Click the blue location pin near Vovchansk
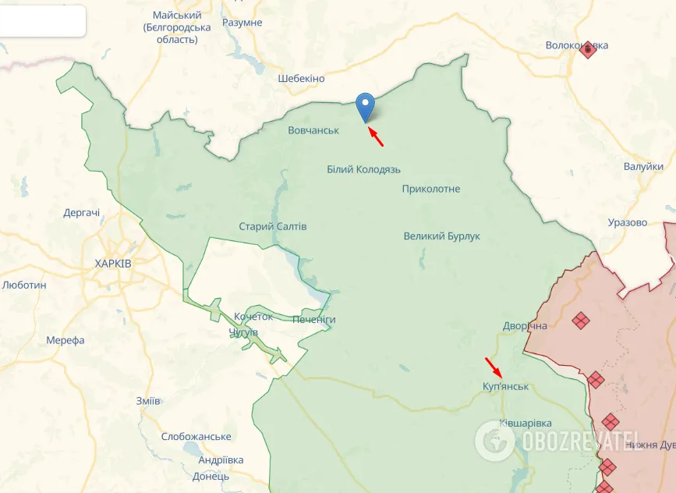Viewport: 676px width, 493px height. coord(365,106)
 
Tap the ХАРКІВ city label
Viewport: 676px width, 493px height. coord(113,264)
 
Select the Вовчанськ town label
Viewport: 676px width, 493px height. coord(313,130)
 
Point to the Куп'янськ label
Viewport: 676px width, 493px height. coord(505,387)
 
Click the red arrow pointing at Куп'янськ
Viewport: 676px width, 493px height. coord(494,366)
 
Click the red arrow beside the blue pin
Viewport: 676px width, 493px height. coord(376,137)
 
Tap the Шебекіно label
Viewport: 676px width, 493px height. coord(301,79)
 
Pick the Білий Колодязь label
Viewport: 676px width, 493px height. coord(364,169)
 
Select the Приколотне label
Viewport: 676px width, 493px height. coord(431,189)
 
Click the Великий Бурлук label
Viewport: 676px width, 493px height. coord(442,236)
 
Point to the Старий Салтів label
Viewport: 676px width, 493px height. coord(273,226)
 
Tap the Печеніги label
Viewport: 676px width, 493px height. coord(314,320)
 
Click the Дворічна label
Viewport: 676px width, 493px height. coord(526,325)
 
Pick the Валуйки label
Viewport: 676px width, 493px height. coord(643,166)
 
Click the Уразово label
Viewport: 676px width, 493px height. coord(628,222)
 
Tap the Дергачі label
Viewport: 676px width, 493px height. coord(82,213)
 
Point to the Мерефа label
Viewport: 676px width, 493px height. coord(65,340)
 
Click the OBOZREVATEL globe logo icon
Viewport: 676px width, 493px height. coord(494,440)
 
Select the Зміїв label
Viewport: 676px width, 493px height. coord(148,400)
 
